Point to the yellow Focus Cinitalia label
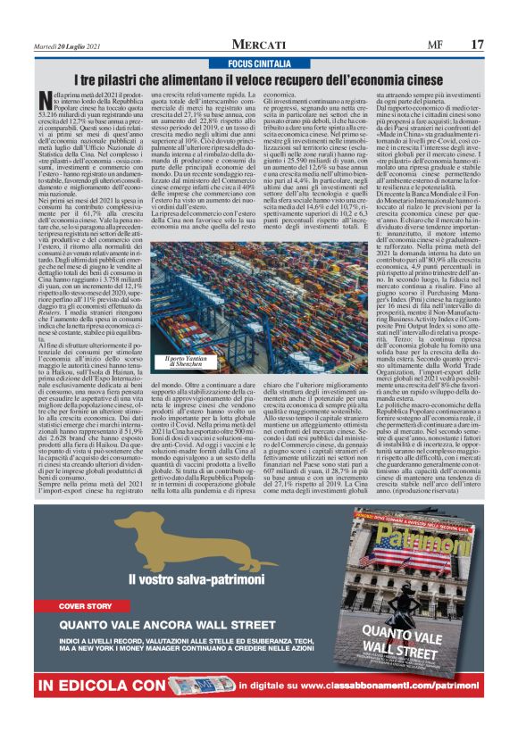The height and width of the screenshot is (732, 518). coord(259,64)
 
